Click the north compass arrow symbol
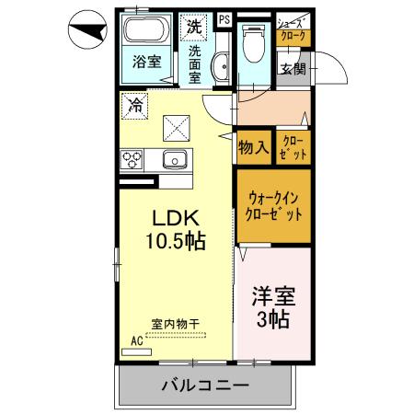87,35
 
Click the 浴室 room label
146,63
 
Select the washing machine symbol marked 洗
194,27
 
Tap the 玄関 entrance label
293,68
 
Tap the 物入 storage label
252,147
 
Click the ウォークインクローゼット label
271,205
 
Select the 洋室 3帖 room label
272,308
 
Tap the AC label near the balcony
137,339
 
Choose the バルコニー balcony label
206,384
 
